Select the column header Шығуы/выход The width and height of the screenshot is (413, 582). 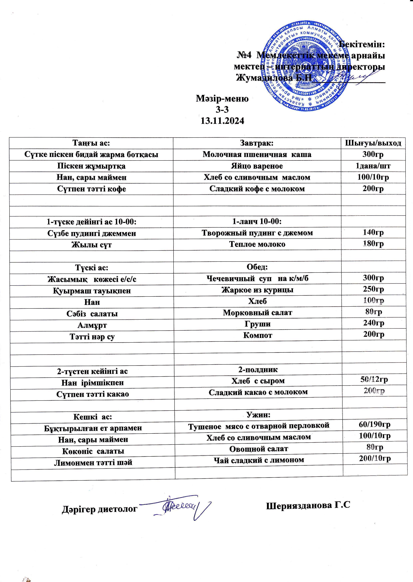(373, 143)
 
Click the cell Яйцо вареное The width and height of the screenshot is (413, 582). (257, 166)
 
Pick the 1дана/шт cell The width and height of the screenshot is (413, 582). (373, 166)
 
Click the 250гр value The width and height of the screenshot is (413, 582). (373, 289)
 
